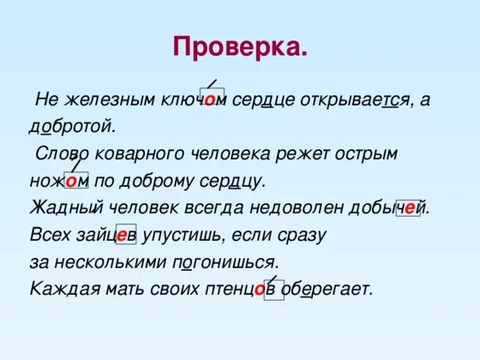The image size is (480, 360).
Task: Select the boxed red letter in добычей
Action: [x=409, y=208]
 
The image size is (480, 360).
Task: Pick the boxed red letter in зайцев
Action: [x=122, y=235]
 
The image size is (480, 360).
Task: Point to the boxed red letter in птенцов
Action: [x=259, y=289]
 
